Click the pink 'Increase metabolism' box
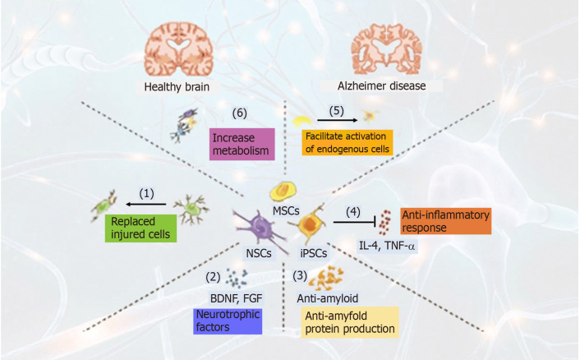(242, 143)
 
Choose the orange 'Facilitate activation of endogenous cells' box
(347, 142)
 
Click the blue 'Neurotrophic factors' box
(227, 321)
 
